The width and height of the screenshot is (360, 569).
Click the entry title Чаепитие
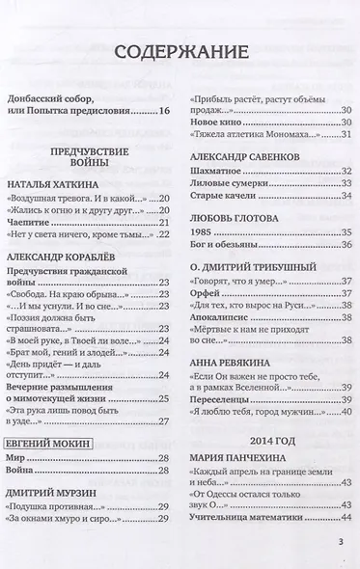click(30, 222)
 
